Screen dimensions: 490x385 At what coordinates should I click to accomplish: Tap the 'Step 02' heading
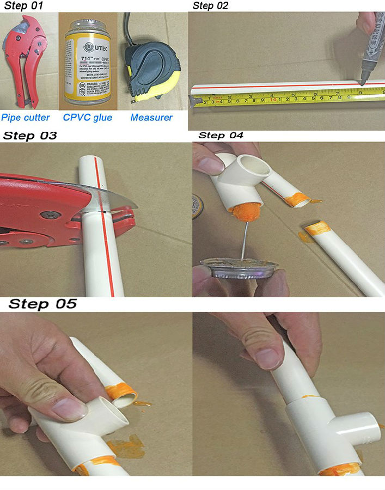tap(211, 5)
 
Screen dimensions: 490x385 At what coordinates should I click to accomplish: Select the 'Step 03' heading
tap(30, 136)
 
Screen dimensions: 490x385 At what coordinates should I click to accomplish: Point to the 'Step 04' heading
tap(221, 135)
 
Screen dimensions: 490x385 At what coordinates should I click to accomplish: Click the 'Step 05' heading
tap(42, 304)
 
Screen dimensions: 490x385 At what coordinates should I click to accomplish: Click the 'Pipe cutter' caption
tap(25, 117)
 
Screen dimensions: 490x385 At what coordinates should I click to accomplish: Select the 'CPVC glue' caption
tap(88, 117)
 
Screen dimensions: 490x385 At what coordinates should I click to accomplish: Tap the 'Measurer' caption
tap(151, 117)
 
